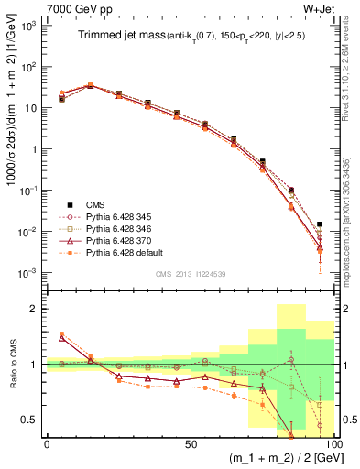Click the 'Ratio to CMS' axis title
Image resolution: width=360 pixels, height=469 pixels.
click(x=13, y=364)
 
